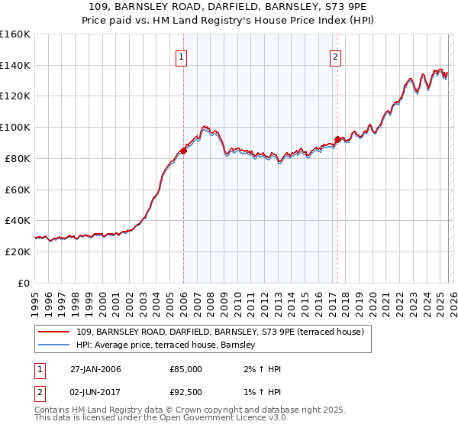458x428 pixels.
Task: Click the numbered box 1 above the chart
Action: tap(182, 56)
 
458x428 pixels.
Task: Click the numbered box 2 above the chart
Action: tap(336, 56)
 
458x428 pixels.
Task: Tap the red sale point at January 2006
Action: tap(183, 151)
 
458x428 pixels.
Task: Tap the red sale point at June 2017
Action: tap(337, 138)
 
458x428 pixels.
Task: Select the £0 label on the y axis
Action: tap(23, 283)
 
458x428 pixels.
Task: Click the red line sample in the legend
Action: tap(54, 332)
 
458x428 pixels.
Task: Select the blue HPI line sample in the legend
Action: tap(54, 345)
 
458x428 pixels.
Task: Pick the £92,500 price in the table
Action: tap(185, 391)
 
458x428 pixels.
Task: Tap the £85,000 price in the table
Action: tap(185, 369)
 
